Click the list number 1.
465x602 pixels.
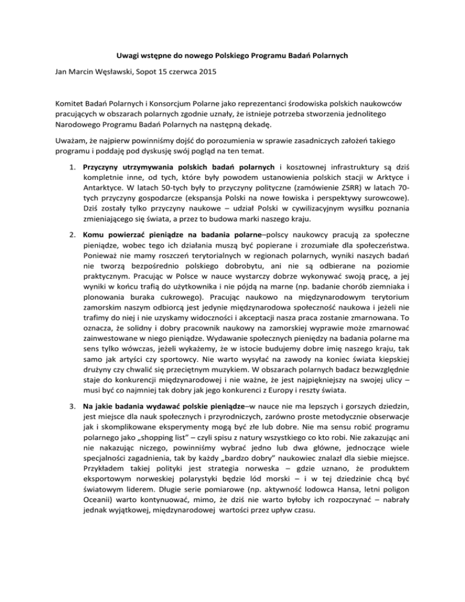pos(70,184)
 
